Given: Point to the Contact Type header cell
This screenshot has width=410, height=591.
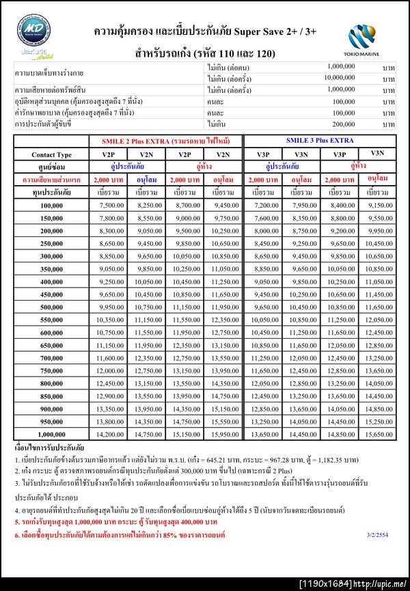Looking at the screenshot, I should click(x=51, y=154).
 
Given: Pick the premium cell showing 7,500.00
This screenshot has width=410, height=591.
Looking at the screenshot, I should click(x=111, y=206).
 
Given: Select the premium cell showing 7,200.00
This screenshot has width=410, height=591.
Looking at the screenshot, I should click(x=266, y=206).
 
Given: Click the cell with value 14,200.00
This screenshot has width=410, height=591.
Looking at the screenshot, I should click(x=111, y=434).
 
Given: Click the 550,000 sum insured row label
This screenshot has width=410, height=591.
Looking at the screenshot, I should click(x=51, y=320).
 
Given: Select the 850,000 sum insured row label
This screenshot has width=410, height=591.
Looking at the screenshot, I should click(x=51, y=396).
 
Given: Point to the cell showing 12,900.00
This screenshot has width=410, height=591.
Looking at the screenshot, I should click(x=111, y=396).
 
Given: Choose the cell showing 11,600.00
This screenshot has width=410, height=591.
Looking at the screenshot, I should click(x=111, y=358).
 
